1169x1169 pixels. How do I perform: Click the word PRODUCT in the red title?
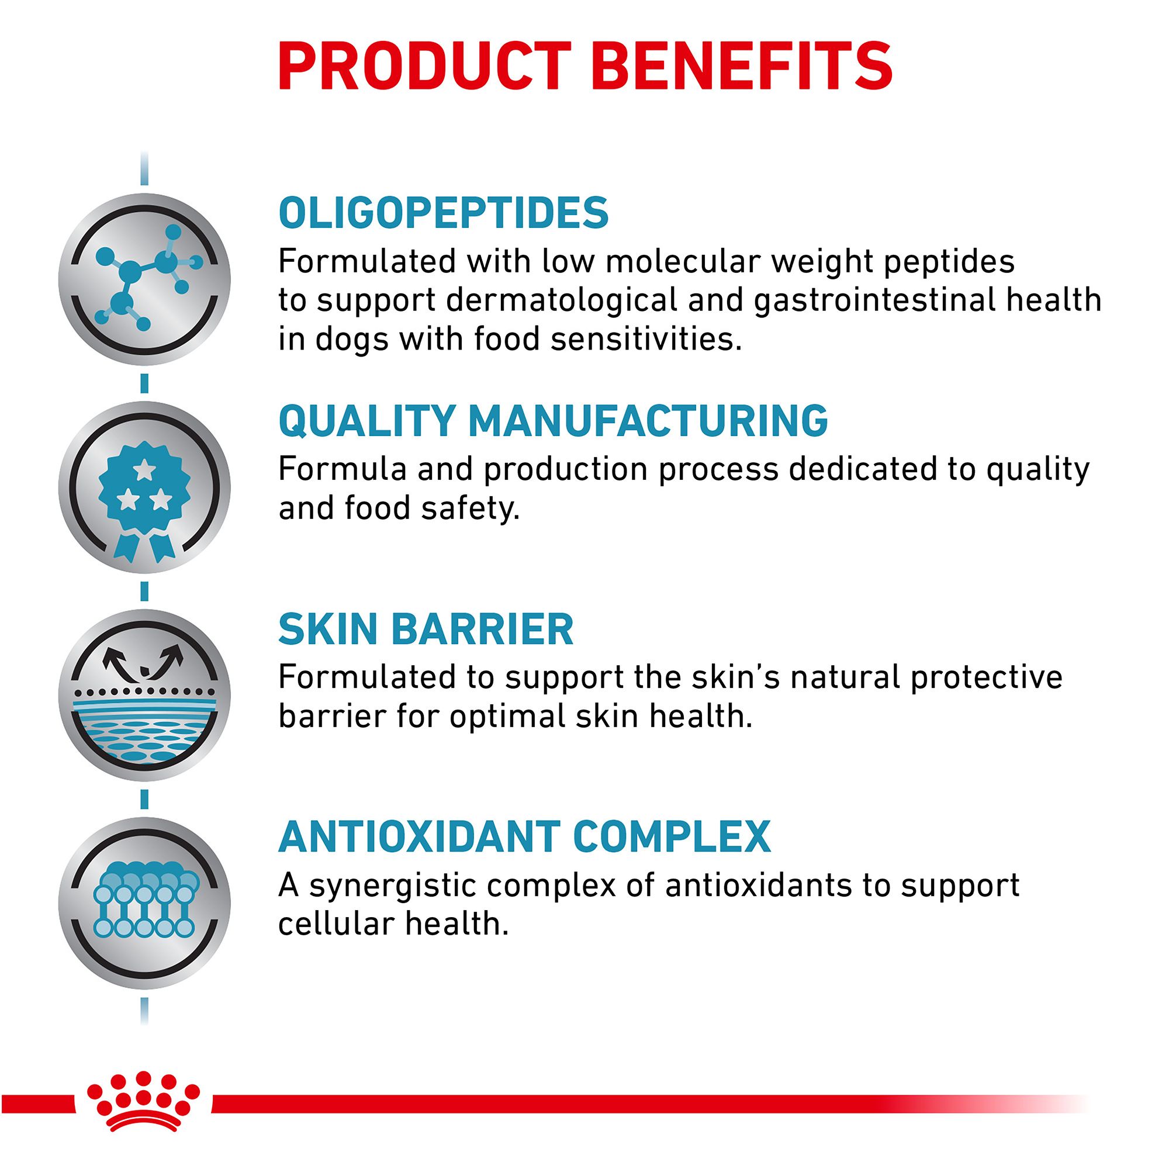(x=424, y=67)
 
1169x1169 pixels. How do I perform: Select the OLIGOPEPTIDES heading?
(x=444, y=212)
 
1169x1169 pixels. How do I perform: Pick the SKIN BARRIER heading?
(x=426, y=630)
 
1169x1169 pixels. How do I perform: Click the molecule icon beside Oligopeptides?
(x=144, y=279)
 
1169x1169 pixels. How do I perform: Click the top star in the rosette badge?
(x=144, y=469)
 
